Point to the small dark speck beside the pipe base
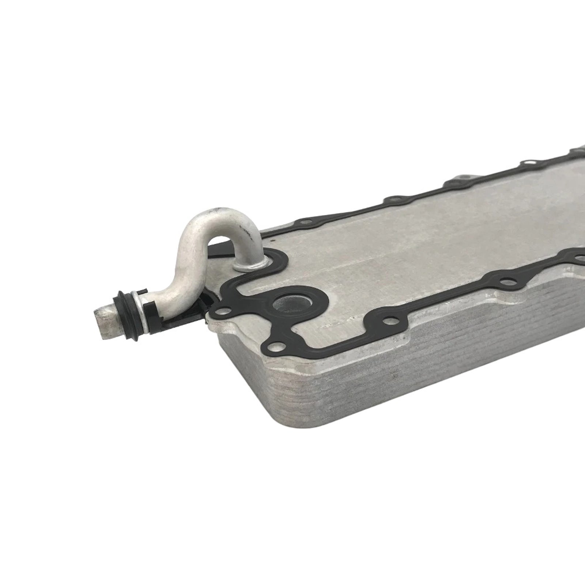[x=273, y=242]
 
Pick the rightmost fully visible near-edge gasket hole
[x=506, y=280]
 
